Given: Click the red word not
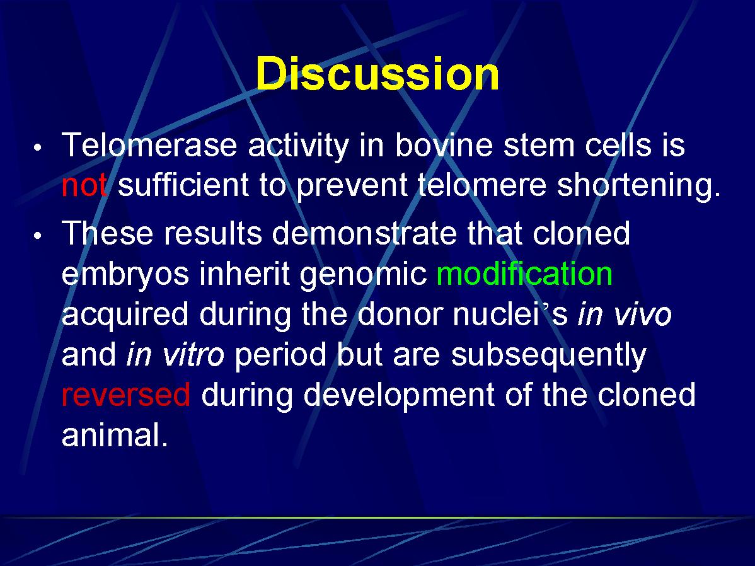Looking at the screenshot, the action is click(84, 185).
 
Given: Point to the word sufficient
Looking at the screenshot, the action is click(183, 185).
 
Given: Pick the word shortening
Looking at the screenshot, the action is click(638, 185).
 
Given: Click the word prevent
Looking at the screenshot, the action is click(352, 186).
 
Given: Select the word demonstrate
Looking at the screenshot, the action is click(364, 233).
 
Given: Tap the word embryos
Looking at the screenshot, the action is click(125, 275).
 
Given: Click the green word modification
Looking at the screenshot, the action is click(524, 274).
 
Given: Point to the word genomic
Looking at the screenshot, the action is click(363, 275).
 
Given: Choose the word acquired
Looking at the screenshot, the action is click(125, 315).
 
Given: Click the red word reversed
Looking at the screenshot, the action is click(126, 395).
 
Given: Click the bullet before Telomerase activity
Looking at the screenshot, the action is click(38, 148).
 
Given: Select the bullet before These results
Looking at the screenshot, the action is click(38, 236).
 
